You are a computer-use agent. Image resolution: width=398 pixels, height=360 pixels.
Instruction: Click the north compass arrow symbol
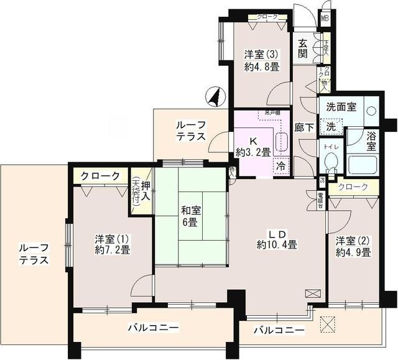pos(214,97)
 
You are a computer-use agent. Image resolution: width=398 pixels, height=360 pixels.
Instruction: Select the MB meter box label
pos(324,17)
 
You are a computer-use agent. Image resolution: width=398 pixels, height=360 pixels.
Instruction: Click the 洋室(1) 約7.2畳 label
pos(112,244)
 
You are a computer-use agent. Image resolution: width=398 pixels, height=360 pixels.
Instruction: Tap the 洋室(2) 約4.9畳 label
pos(353,246)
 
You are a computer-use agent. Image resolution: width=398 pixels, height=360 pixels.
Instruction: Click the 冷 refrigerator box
pos(282,166)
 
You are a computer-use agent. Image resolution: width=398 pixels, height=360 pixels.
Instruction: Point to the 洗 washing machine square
pos(331,126)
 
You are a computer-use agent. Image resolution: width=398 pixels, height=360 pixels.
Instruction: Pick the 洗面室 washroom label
pos(343,106)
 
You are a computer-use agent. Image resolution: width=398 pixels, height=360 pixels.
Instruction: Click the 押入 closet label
pos(144,191)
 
